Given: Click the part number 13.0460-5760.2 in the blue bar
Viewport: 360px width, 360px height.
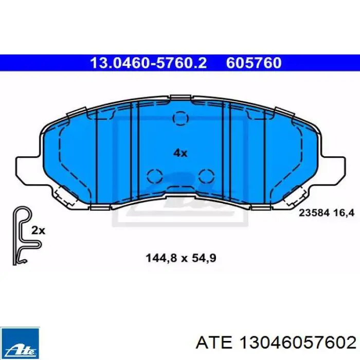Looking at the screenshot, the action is point(148,63).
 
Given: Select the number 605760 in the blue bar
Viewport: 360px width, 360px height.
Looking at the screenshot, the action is point(254,63).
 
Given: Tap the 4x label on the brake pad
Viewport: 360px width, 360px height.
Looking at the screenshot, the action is point(180,153).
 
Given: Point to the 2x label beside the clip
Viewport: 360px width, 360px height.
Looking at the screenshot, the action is point(39,230).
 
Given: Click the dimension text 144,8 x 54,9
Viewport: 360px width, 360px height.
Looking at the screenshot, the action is point(181,258).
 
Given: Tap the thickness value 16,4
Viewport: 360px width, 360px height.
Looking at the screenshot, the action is point(345,213).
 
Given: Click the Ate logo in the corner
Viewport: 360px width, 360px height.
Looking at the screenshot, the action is point(20,343).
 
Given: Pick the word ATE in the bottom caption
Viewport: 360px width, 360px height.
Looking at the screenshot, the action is point(214,343).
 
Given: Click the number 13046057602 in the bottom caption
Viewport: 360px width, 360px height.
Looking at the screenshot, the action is point(298,343).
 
